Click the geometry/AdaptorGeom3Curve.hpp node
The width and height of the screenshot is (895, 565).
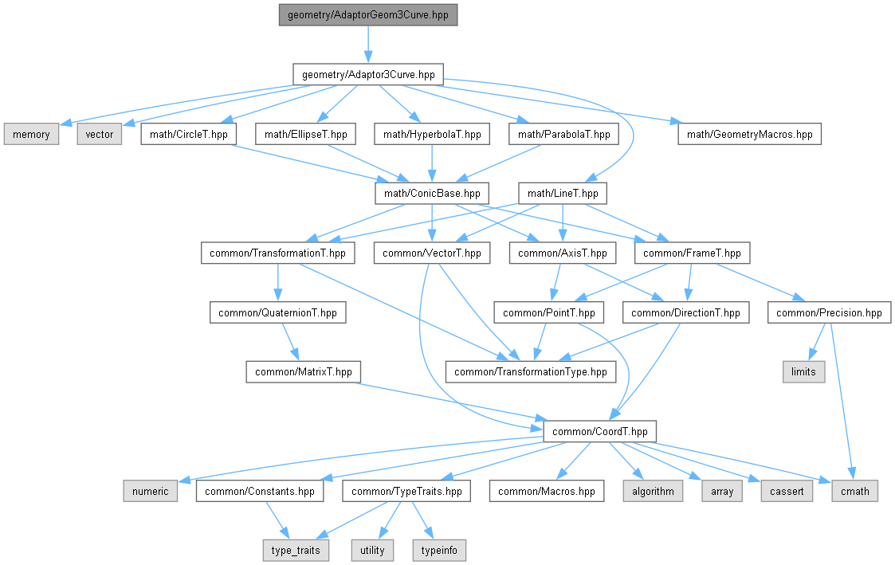click(x=368, y=15)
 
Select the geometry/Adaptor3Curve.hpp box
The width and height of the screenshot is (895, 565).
click(x=368, y=75)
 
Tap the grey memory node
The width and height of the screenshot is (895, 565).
click(x=31, y=135)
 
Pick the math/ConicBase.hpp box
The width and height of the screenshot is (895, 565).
click(x=432, y=194)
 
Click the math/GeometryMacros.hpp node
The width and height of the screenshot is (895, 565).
click(x=749, y=135)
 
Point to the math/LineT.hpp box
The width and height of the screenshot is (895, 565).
click(x=563, y=194)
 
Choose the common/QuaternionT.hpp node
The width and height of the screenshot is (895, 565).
click(x=277, y=312)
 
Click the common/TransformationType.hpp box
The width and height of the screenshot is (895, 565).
click(x=531, y=372)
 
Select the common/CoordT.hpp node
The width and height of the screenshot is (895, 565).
click(x=600, y=431)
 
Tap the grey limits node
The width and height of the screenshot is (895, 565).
click(x=803, y=372)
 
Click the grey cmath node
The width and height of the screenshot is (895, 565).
click(x=855, y=492)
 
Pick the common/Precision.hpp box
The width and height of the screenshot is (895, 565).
click(x=829, y=312)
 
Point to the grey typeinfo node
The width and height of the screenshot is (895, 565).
click(x=439, y=550)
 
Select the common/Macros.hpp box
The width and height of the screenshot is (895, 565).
click(x=546, y=492)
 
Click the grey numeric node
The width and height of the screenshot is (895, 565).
click(x=150, y=492)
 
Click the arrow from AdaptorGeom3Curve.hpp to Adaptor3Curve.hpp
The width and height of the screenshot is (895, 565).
click(x=368, y=45)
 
